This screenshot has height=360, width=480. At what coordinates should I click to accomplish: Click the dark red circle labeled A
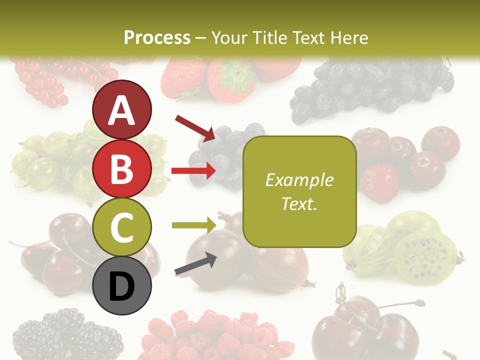(x=122, y=109)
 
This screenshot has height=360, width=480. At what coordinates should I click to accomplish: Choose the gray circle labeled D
(x=122, y=285)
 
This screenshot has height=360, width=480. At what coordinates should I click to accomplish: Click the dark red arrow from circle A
(x=195, y=127)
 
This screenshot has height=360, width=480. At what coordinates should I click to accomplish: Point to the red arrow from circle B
(x=193, y=171)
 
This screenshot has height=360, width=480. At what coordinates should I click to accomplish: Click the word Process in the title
(x=157, y=37)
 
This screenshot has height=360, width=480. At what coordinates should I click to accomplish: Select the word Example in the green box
(x=299, y=180)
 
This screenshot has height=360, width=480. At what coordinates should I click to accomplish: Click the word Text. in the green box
(x=299, y=203)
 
